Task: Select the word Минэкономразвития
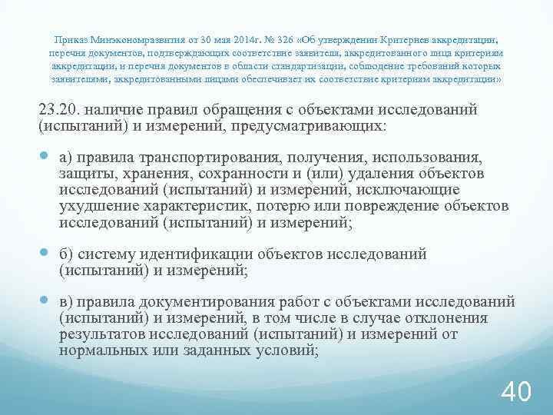[128, 38]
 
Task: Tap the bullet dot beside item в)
[45, 302]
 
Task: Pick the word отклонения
[466, 319]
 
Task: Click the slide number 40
[515, 390]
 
